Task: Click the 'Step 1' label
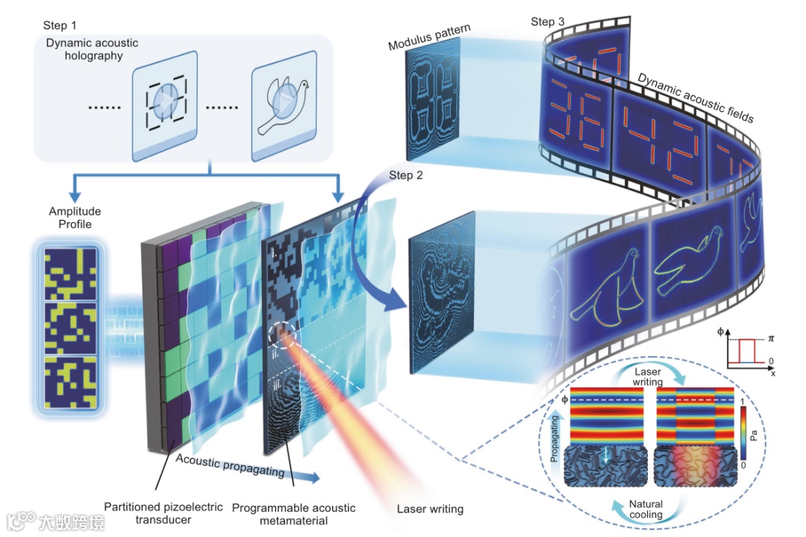(60, 25)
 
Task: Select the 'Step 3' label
(548, 22)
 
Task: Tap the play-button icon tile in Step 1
(165, 106)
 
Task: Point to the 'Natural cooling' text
(646, 509)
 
